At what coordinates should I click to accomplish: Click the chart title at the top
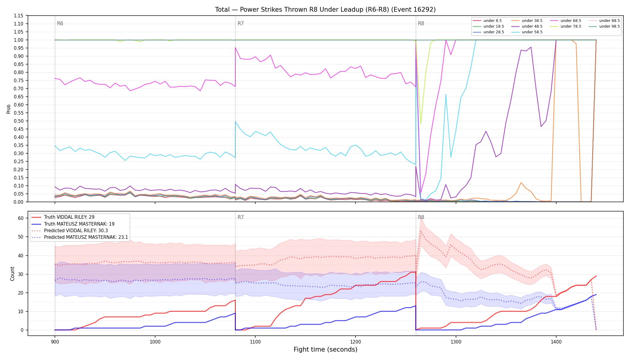tap(325, 10)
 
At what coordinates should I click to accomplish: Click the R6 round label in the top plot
tap(60, 23)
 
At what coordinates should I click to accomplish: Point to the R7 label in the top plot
tap(241, 23)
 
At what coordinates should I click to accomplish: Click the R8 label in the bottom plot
tap(421, 217)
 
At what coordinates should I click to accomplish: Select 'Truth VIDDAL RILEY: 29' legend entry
tap(69, 217)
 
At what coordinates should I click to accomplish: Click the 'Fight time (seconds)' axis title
tap(325, 349)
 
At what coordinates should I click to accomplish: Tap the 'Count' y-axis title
tap(12, 274)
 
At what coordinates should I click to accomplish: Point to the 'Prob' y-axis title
tap(9, 109)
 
